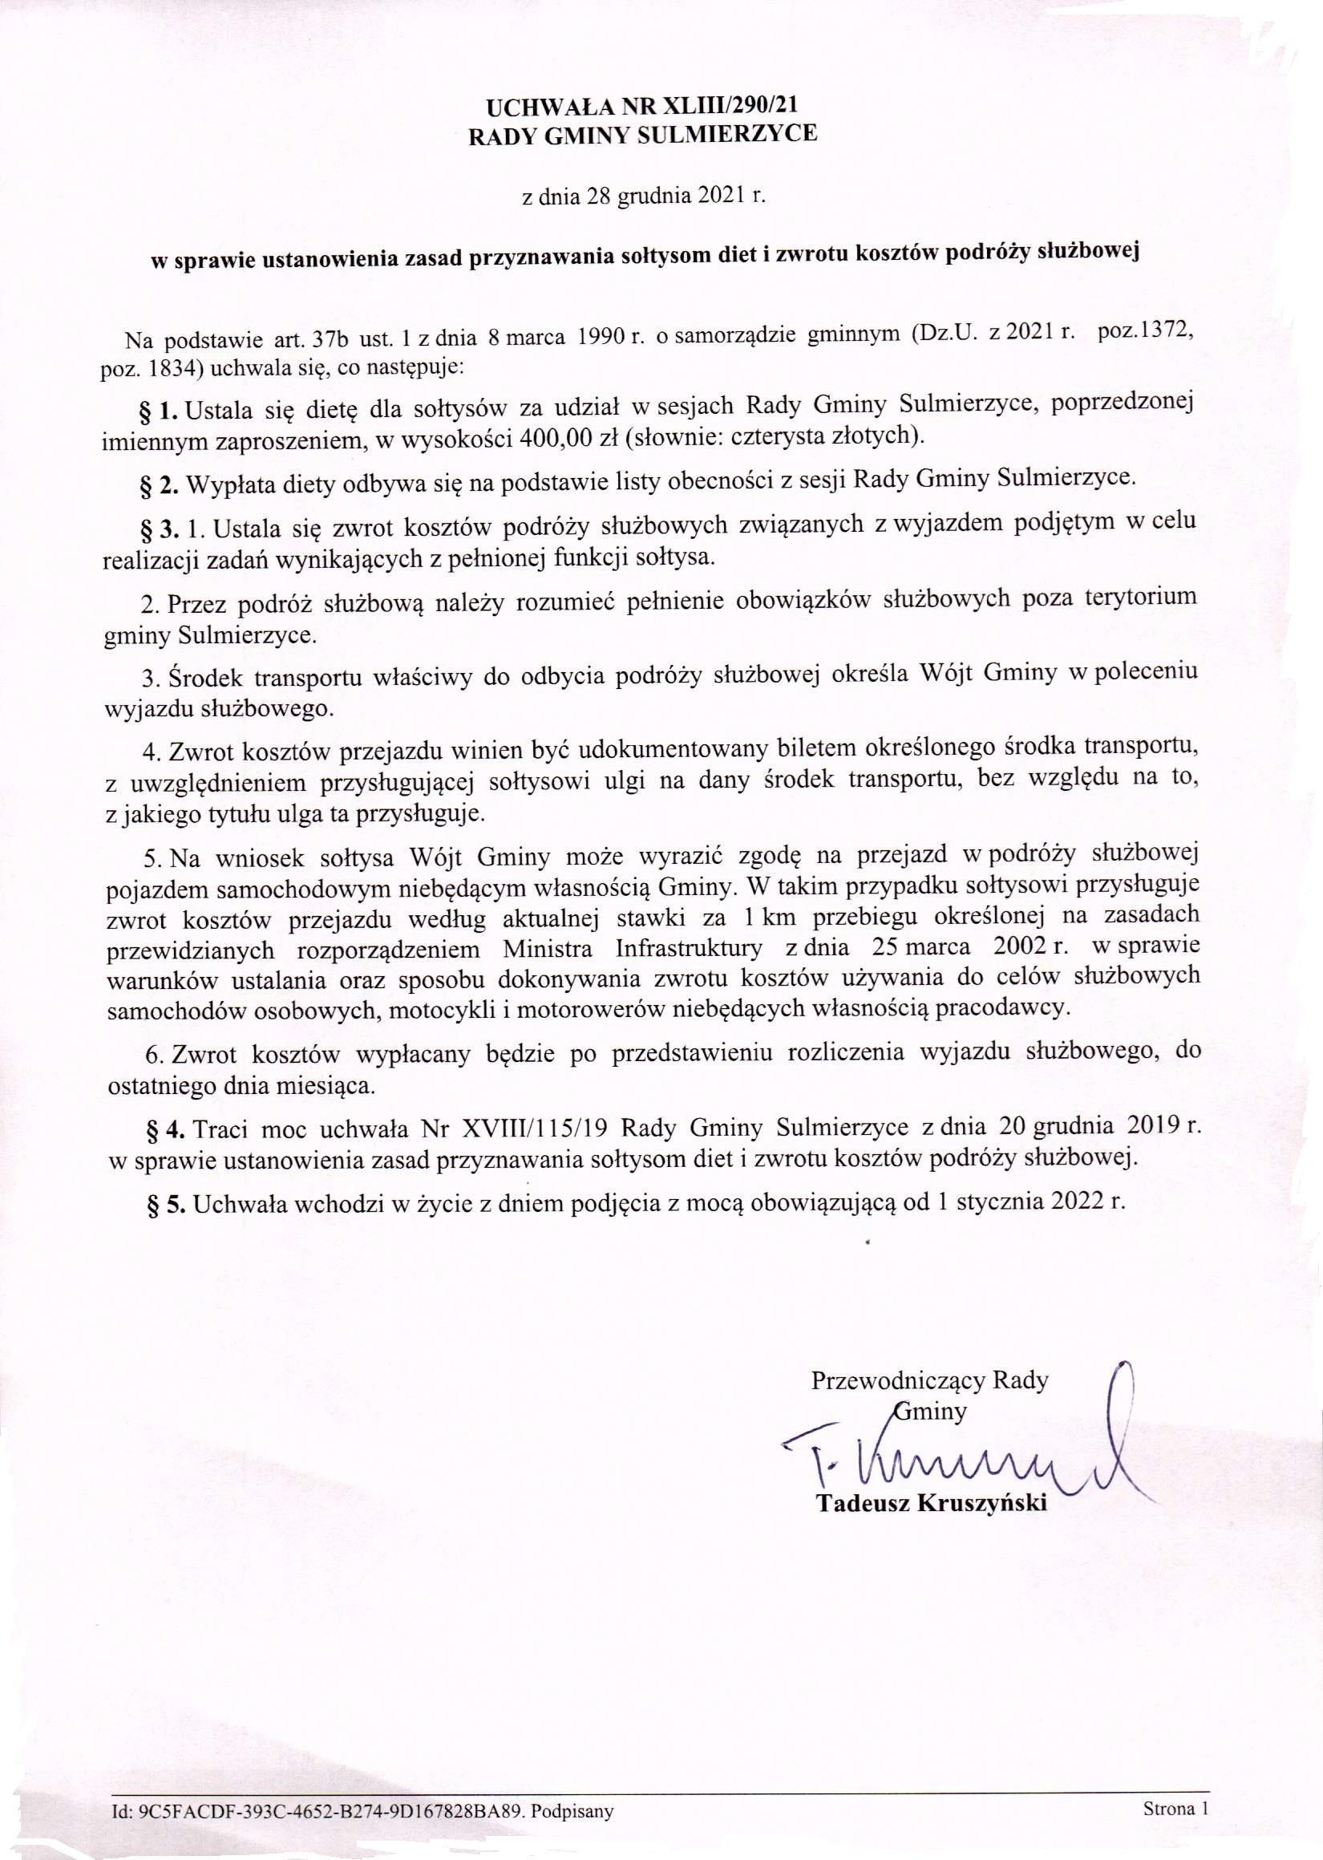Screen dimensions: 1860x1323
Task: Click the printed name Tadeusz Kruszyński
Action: (x=931, y=1503)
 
